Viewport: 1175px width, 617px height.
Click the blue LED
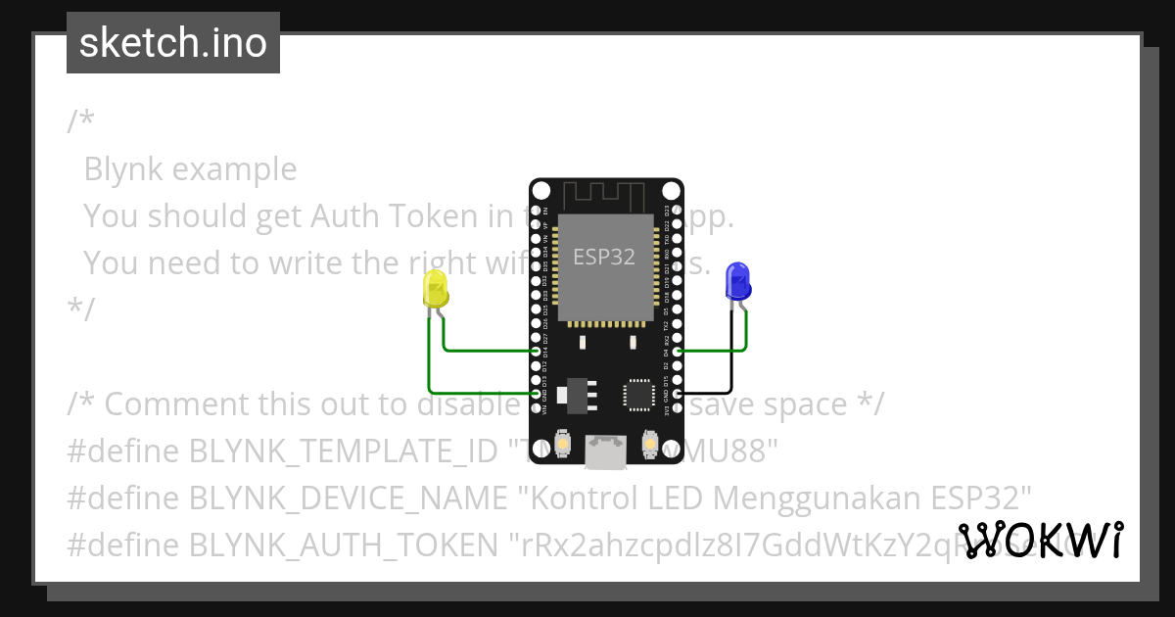pos(736,282)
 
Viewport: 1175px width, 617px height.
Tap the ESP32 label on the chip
pos(604,258)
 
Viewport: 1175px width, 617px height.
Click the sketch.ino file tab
pos(173,43)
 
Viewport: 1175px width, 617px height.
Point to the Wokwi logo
pos(1041,540)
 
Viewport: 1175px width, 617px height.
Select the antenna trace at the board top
pos(605,196)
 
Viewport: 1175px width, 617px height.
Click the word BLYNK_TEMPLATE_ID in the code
pos(343,451)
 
